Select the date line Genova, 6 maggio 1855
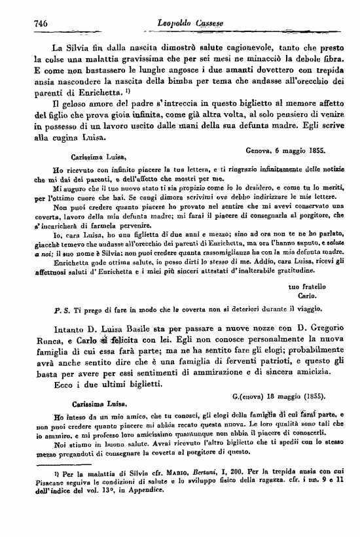pyautogui.click(x=291, y=150)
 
